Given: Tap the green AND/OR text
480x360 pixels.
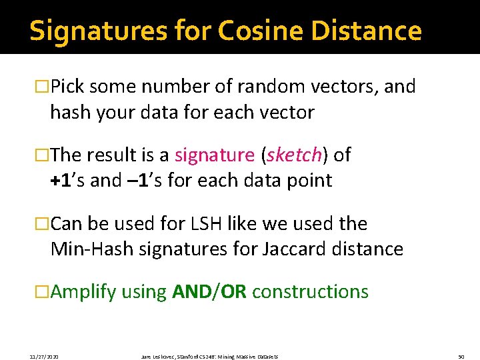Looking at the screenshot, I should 209,292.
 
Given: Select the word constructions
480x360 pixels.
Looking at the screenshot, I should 310,292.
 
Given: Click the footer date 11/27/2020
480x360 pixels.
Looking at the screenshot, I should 43,357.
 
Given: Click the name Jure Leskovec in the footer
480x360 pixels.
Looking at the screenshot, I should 157,357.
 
